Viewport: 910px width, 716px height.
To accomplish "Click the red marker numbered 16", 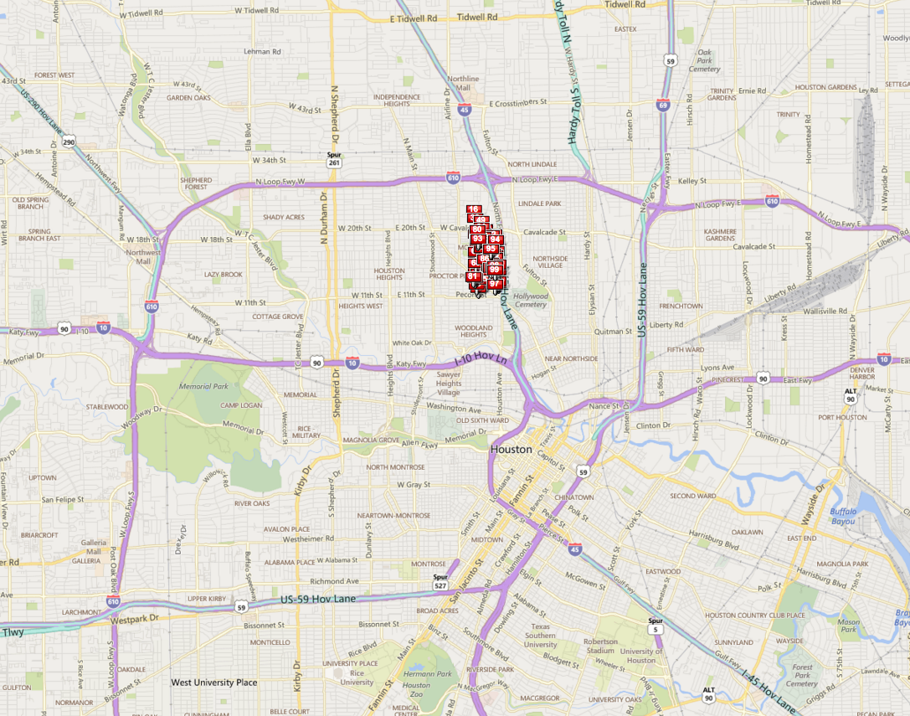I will click(x=473, y=209).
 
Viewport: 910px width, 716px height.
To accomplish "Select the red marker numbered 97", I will click(x=495, y=284).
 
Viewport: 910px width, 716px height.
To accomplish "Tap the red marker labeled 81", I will click(x=472, y=276).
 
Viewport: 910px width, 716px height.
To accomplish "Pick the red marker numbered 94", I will click(x=496, y=240).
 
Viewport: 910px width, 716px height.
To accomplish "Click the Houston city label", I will click(x=511, y=450).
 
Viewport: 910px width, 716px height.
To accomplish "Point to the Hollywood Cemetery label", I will click(x=531, y=300).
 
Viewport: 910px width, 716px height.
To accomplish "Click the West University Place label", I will click(x=214, y=683).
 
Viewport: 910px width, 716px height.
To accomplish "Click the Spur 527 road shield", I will click(x=440, y=581).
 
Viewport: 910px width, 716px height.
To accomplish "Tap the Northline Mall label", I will click(x=464, y=83).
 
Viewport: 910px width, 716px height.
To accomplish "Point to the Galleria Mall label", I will click(x=94, y=547).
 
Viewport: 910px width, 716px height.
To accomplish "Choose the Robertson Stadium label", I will click(x=601, y=646).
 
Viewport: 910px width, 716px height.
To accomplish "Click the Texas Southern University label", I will click(x=540, y=636).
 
